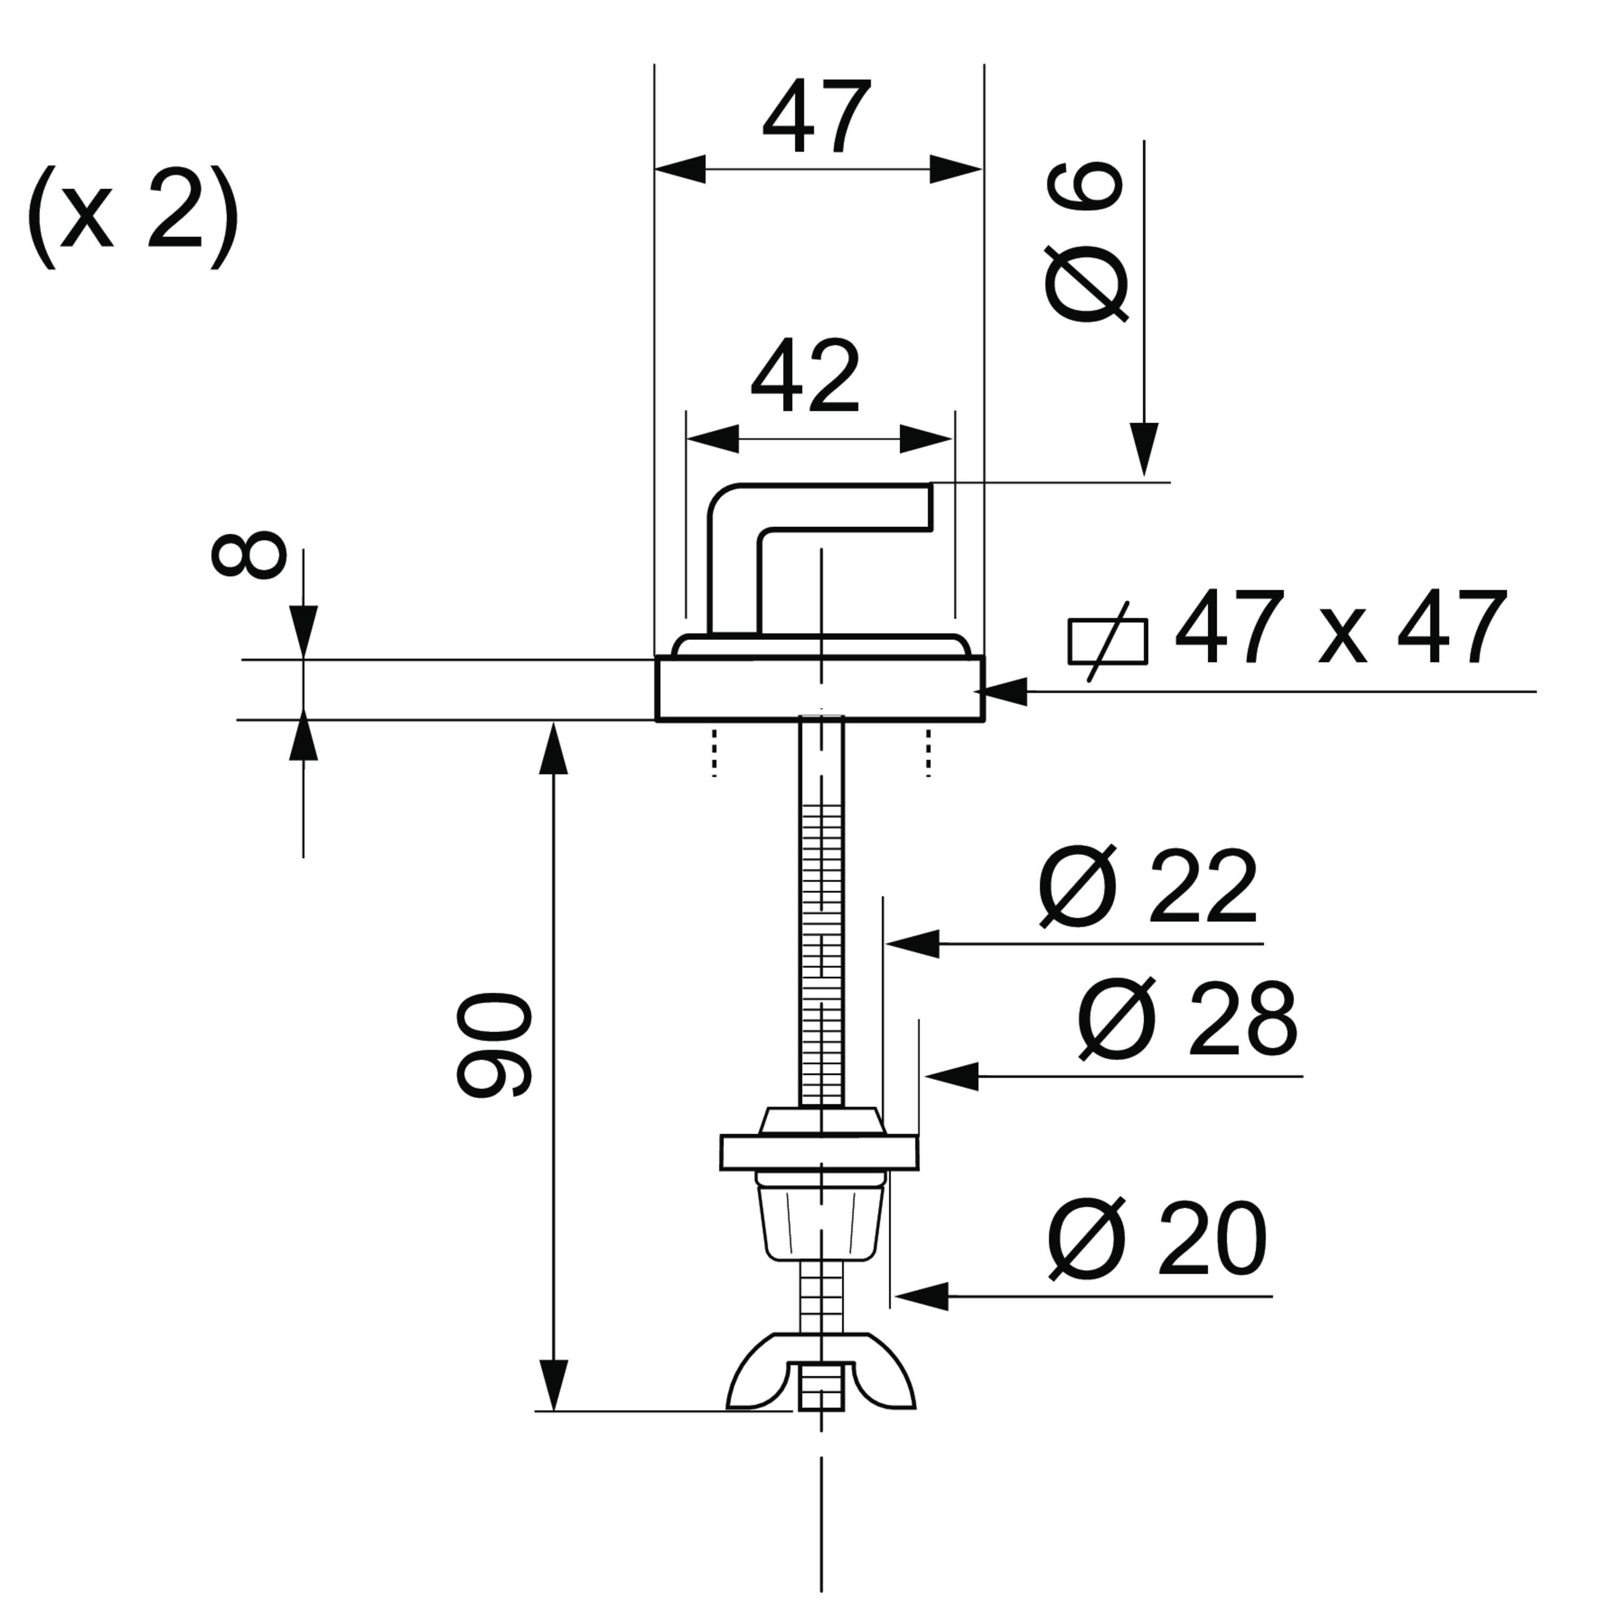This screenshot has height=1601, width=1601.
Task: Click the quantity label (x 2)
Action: pos(132,217)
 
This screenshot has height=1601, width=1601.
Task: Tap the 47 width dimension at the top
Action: pos(817,117)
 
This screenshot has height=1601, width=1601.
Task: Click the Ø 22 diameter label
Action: pos(1148,887)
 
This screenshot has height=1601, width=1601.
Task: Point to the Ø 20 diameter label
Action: pos(1158,1241)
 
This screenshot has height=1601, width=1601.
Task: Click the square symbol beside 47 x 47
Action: pos(1107,641)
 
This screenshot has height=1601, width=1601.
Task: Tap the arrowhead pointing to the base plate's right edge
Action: pos(1004,691)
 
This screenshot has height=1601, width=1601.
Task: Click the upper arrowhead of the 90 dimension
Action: pos(553,748)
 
